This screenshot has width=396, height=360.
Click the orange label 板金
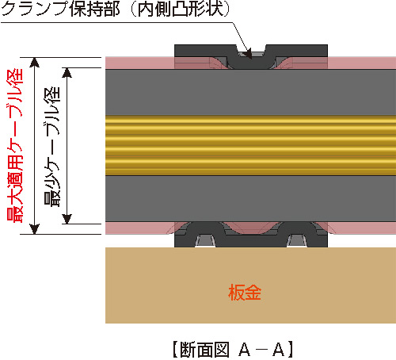coord(245,293)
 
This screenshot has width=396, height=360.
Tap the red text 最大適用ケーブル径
coord(15,145)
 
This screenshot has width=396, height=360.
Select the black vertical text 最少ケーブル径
coord(52,147)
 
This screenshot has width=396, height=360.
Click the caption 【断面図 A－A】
coord(232,350)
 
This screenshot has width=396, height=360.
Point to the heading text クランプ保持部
coord(60,9)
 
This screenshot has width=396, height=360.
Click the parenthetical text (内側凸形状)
coord(181,9)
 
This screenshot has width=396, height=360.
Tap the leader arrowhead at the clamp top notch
coord(247,55)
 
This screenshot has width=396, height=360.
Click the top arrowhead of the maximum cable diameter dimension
coord(35,62)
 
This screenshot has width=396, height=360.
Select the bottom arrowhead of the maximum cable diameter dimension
coord(35,229)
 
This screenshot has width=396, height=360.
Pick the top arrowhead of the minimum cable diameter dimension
coord(67,73)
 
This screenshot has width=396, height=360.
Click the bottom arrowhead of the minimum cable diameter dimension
coord(67,219)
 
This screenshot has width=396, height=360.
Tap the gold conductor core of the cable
coord(250,145)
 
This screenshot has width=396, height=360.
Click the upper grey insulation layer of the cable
coord(250,92)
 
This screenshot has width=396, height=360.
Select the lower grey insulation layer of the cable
coord(250,199)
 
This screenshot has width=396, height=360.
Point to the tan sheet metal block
coord(250,285)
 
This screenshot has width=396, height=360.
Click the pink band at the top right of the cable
coord(362,63)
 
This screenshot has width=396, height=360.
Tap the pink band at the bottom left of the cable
coord(140,228)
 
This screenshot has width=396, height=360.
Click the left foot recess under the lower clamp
coord(205,240)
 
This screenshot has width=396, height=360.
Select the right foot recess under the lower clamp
coord(297,240)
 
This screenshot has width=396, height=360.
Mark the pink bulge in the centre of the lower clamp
coord(251,228)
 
